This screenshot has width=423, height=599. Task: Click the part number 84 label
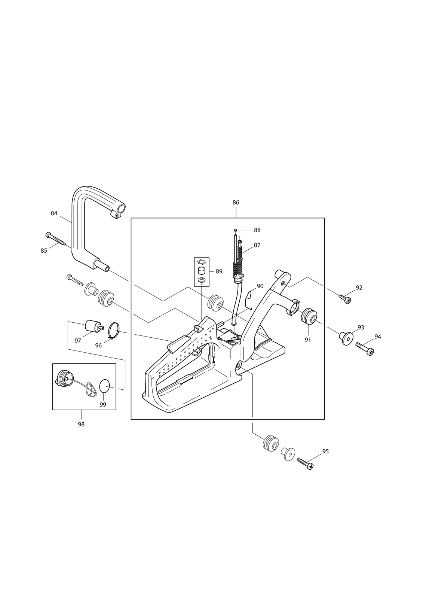[x=54, y=213]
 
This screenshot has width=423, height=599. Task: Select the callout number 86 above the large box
[x=236, y=203]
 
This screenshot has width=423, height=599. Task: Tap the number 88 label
[x=257, y=230]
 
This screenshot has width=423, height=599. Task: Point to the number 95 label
[x=325, y=451]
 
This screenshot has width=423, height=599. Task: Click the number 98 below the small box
[x=81, y=425]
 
